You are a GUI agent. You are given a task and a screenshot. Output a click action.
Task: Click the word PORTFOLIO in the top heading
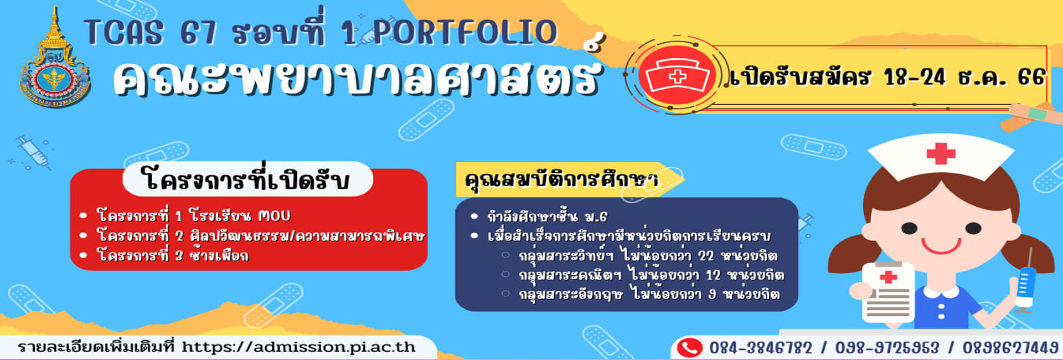tap(466, 32)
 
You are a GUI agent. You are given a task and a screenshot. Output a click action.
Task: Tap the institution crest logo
tap(54, 61)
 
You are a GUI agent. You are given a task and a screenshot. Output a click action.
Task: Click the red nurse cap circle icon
tap(677, 76)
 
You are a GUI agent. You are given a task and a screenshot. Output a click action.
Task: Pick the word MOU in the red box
tap(274, 215)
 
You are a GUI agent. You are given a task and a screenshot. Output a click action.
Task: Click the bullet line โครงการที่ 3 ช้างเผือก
tap(172, 255)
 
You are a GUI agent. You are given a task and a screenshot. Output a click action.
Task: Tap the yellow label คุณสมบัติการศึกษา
tap(561, 179)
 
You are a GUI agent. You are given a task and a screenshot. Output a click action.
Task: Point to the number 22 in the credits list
tap(706, 256)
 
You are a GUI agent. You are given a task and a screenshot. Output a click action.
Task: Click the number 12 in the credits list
tap(713, 275)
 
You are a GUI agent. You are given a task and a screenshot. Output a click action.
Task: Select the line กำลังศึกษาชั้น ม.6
tap(547, 216)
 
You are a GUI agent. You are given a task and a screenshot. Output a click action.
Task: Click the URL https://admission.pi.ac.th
tap(298, 347)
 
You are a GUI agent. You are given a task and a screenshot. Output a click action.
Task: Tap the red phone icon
tap(689, 348)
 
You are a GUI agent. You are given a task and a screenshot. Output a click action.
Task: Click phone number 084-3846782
tap(761, 348)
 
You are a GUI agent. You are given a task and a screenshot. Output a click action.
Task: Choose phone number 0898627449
tap(1010, 348)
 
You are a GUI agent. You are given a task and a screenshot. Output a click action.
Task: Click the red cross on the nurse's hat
tap(941, 153)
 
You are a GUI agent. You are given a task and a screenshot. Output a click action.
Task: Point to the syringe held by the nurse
tap(1025, 282)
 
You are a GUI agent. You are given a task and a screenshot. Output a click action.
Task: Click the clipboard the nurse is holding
tap(888, 292)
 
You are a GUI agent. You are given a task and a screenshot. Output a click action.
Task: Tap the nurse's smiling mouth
tap(942, 245)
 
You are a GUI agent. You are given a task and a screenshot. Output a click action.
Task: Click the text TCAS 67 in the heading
tap(150, 33)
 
